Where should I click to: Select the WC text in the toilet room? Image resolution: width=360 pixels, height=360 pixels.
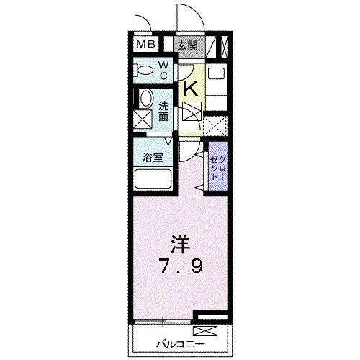pyautogui.click(x=163, y=71)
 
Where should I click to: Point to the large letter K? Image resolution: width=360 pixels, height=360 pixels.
pyautogui.click(x=191, y=89)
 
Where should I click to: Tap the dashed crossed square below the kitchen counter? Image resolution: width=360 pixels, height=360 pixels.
pyautogui.click(x=214, y=125)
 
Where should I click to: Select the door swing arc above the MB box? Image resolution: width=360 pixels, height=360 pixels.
pyautogui.click(x=141, y=22)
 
